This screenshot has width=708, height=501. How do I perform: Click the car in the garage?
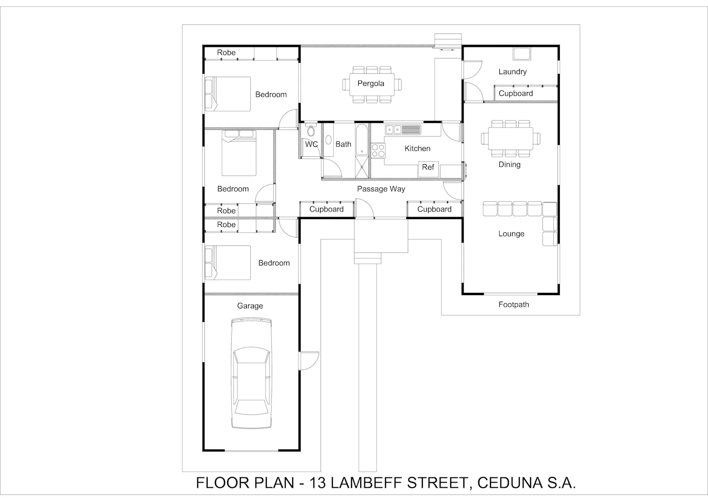[x=251, y=373]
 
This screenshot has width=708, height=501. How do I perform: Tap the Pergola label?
[x=371, y=84]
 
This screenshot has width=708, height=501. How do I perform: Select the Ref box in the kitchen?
[x=428, y=170]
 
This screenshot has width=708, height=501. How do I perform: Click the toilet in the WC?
[x=312, y=130]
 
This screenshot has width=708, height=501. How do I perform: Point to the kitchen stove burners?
[x=378, y=150]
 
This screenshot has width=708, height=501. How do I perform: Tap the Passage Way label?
[x=381, y=189]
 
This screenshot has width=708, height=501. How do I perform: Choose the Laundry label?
[x=512, y=72]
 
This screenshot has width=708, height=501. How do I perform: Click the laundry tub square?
[x=522, y=54]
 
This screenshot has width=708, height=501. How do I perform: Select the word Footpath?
[x=514, y=305]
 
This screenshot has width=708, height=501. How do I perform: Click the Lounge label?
[x=511, y=234]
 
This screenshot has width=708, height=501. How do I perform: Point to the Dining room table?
[x=510, y=138]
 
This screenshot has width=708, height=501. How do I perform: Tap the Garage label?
[x=250, y=306]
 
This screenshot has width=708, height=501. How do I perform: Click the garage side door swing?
[x=309, y=361]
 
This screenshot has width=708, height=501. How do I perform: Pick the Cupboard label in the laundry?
[x=515, y=93]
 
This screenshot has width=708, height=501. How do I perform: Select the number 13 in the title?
[x=317, y=483]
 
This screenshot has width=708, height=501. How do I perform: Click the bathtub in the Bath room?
[x=362, y=139]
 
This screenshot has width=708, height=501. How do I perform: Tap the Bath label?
[x=343, y=144]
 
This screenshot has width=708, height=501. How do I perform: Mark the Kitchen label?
[x=417, y=148]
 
